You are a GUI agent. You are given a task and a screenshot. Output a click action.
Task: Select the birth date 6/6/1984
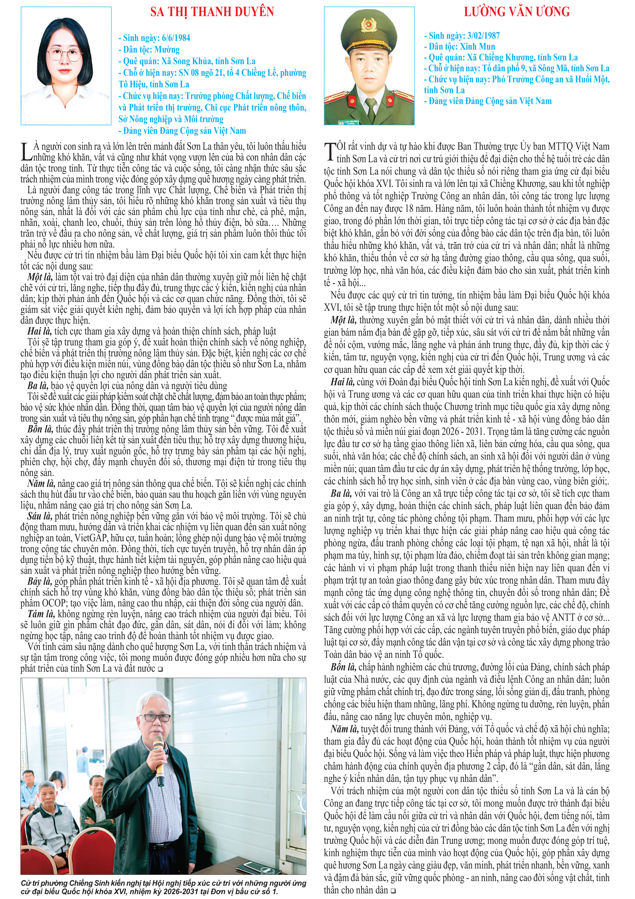[174, 38]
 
